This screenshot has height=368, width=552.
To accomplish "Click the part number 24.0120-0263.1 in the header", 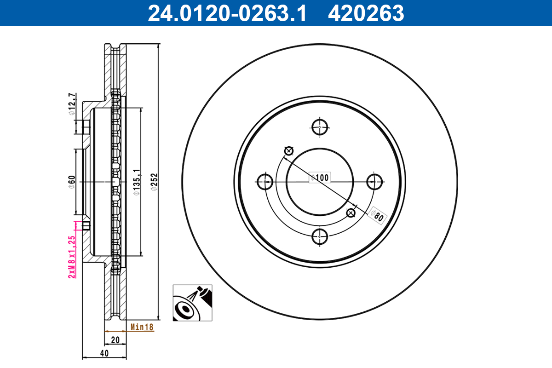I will (226, 13).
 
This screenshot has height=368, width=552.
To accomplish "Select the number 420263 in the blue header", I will (366, 13).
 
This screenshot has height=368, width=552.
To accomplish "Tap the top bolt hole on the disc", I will (320, 126).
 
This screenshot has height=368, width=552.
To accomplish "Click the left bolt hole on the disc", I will (265, 181).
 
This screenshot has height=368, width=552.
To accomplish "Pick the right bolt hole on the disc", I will (375, 181).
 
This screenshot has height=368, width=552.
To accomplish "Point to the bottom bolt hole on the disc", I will (320, 236).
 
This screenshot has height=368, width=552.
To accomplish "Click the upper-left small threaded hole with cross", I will (289, 150).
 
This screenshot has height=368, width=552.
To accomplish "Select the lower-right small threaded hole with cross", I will (351, 213).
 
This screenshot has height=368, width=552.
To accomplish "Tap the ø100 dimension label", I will (320, 177).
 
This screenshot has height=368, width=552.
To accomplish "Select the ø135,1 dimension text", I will (136, 182).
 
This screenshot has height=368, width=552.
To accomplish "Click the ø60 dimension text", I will (72, 182).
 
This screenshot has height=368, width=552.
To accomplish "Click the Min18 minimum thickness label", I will (142, 327).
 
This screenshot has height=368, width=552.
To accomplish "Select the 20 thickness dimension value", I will (115, 340).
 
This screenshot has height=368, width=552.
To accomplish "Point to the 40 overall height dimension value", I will (104, 353).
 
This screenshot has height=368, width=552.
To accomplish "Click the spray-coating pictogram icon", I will (193, 303).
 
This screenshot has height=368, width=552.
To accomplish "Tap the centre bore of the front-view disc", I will (320, 181).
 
